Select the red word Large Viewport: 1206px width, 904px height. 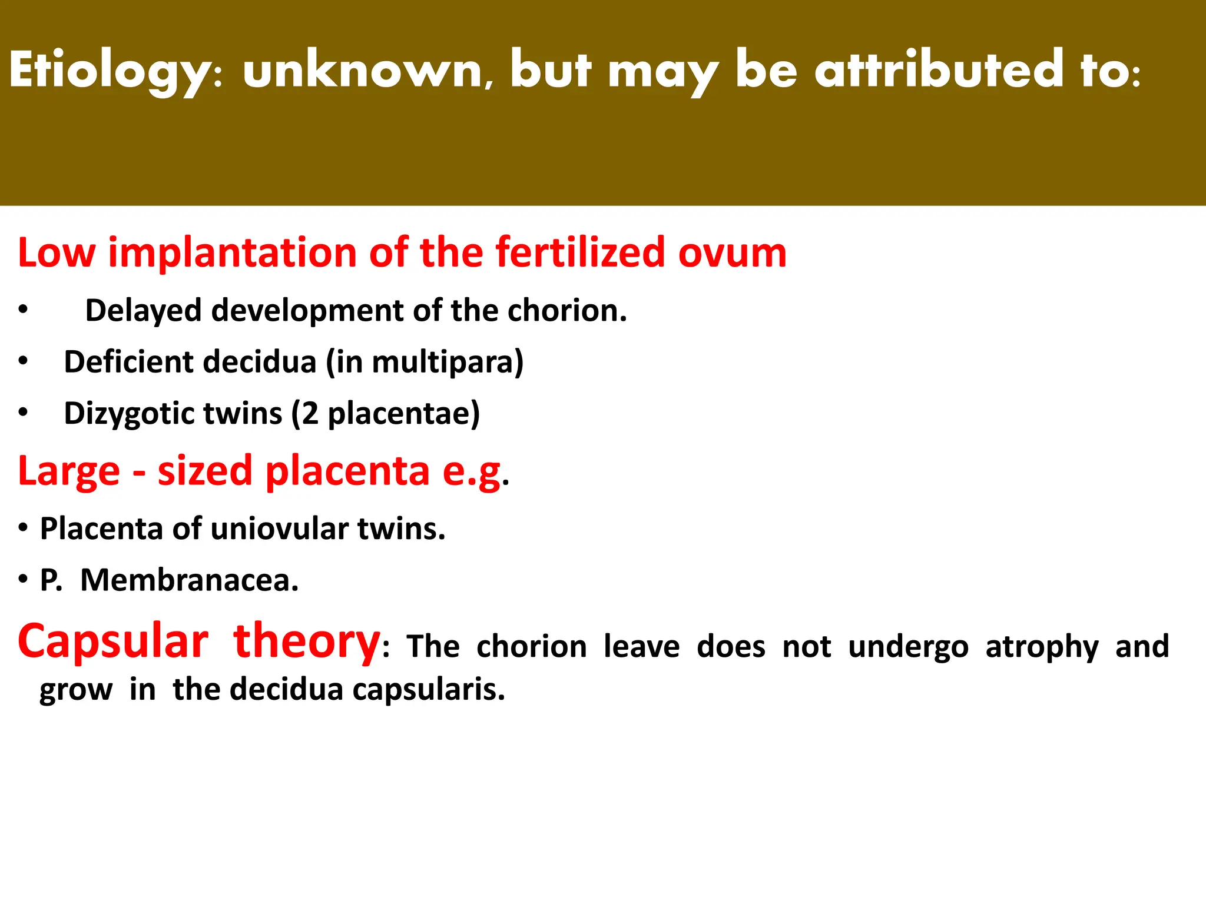(x=69, y=471)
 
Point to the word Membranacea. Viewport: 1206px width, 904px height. (x=189, y=580)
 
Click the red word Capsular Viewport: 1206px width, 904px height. (x=113, y=642)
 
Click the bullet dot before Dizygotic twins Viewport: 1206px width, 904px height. (x=23, y=413)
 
